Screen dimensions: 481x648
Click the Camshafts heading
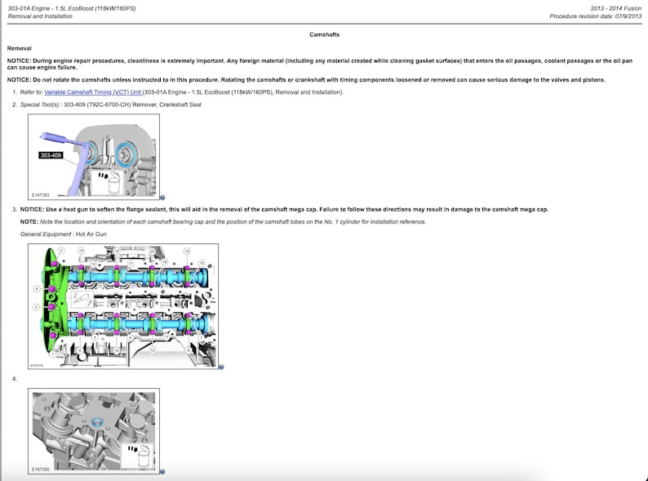pyautogui.click(x=324, y=35)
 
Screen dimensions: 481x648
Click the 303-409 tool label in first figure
pyautogui.click(x=50, y=154)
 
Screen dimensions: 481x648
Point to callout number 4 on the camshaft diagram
pyautogui.click(x=35, y=288)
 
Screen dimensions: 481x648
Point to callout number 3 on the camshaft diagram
pyautogui.click(x=35, y=306)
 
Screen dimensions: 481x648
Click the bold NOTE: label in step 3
pyautogui.click(x=29, y=222)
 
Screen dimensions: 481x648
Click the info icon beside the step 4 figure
pyautogui.click(x=163, y=471)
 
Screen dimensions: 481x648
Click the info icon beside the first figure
pyautogui.click(x=163, y=197)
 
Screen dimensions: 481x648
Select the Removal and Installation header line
pyautogui.click(x=40, y=16)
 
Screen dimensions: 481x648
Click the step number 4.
pyautogui.click(x=15, y=379)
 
